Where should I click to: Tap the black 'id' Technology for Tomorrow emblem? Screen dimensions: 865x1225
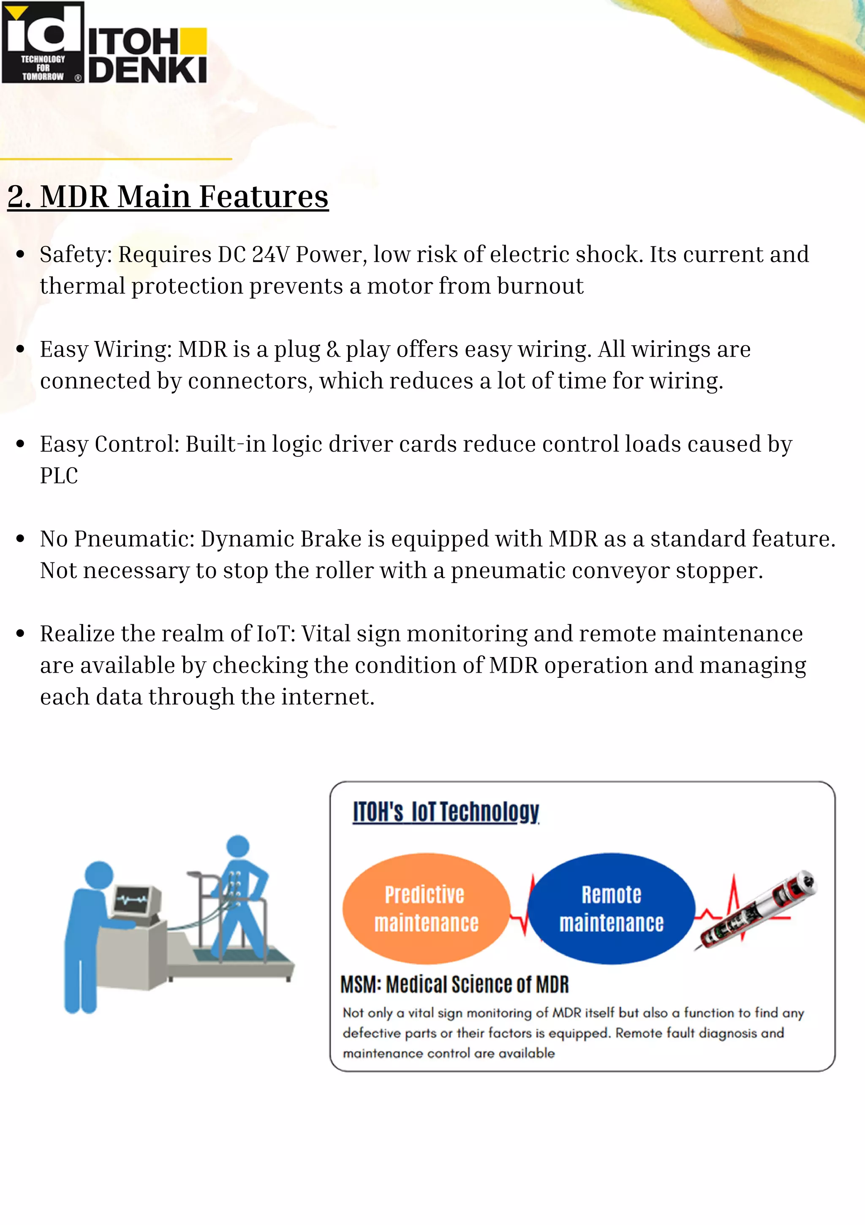[43, 43]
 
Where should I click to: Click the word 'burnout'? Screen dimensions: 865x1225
[540, 286]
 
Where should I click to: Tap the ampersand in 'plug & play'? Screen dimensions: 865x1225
[333, 349]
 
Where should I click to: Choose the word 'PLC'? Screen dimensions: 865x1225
[59, 476]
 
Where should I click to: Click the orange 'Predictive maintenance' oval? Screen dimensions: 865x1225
[426, 908]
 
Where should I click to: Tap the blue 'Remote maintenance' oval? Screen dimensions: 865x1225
[612, 908]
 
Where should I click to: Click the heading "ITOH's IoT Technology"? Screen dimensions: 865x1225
[446, 812]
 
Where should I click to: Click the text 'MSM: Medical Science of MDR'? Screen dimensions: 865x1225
[454, 985]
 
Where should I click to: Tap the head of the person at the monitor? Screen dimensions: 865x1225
[99, 876]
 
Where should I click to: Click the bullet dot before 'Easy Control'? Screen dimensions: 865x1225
[21, 444]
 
